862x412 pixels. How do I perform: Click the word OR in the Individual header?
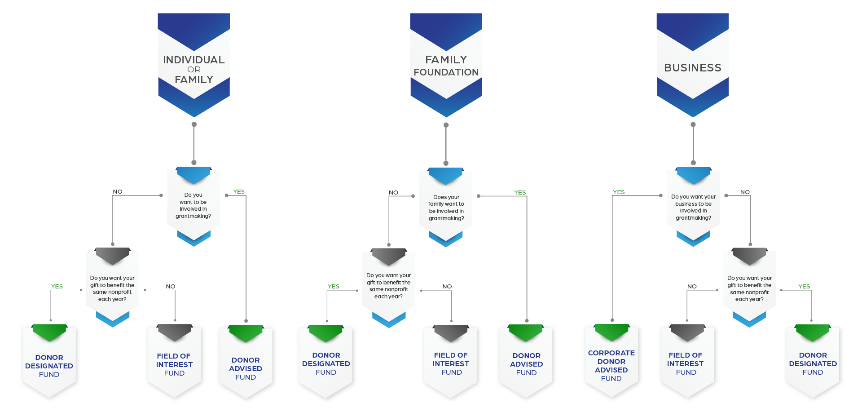coord(194,70)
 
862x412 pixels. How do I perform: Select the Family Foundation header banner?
coord(446,65)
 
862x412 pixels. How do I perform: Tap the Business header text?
coord(693,68)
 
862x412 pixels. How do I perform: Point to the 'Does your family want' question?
coord(446,208)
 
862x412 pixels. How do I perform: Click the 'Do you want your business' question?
coord(694,207)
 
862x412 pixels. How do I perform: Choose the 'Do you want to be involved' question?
coord(194,205)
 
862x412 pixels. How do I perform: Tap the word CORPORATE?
coord(611,353)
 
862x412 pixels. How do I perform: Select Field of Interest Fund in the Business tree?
coord(686,363)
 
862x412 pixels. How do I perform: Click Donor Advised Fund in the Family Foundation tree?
coord(527,364)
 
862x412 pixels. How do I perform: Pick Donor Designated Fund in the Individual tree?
coord(49,366)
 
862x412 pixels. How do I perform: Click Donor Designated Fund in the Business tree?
coord(813,363)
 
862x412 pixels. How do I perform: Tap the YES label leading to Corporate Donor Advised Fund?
coord(619,192)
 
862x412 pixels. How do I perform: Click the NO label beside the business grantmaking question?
coord(745,192)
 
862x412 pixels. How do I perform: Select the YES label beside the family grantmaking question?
coord(520,192)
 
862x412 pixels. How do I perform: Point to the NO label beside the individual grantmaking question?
coord(118,191)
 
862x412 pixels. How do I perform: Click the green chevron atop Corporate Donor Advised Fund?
coord(612,332)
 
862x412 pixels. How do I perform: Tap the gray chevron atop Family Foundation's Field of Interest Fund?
coord(451,333)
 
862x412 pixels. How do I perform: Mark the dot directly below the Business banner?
coord(693,124)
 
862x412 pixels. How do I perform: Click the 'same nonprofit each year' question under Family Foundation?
coord(389,286)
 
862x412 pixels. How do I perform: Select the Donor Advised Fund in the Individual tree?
coord(246,368)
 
